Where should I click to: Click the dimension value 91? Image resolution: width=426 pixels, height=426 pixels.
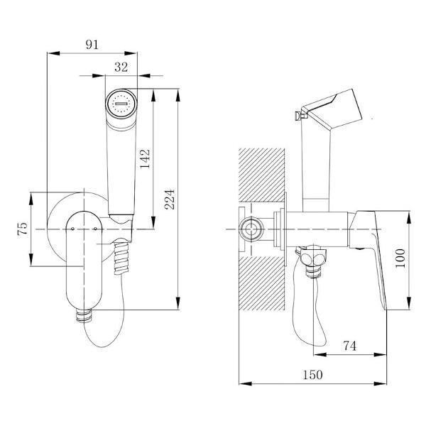(92, 45)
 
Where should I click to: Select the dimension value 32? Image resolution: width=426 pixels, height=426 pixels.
(121, 67)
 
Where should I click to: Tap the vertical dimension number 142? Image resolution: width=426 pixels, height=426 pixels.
(145, 159)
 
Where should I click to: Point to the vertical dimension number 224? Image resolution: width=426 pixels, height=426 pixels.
(169, 199)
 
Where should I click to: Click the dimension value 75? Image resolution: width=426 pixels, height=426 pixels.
(22, 229)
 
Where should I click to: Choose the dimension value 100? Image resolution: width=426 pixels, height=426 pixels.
(400, 258)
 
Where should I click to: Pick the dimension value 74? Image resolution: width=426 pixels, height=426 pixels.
(349, 346)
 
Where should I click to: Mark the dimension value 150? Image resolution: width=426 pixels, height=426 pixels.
(312, 375)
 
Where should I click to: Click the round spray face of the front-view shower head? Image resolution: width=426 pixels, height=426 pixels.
(121, 104)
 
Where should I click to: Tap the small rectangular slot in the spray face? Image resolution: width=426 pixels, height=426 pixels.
(121, 104)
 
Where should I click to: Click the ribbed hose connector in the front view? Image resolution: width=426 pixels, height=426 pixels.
(121, 258)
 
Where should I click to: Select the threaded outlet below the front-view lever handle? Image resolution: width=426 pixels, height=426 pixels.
(84, 315)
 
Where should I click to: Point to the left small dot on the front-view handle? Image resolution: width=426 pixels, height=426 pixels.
(72, 229)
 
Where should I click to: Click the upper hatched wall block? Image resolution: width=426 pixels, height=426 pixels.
(261, 175)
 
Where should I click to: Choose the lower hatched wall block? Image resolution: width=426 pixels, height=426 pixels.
(261, 283)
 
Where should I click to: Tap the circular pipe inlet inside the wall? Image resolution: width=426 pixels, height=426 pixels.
(251, 229)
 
